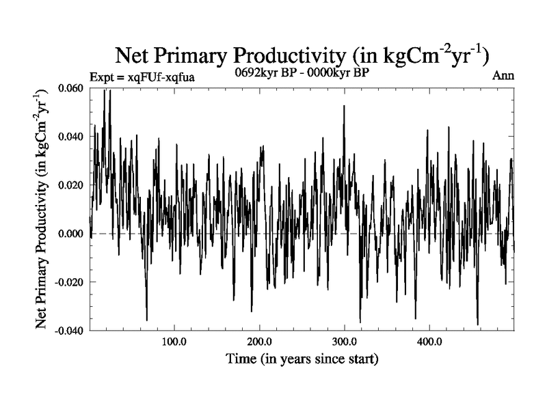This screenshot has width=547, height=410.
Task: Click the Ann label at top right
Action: coord(503,76)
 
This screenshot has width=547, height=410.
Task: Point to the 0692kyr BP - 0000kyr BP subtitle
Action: coord(302,74)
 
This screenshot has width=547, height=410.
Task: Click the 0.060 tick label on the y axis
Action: coord(70,89)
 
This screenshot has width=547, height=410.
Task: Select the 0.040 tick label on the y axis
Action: coord(70,137)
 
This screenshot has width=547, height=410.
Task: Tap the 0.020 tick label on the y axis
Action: coord(70,185)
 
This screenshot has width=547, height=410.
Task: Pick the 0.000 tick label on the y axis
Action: coord(70,234)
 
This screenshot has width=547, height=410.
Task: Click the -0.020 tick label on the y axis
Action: coord(69,282)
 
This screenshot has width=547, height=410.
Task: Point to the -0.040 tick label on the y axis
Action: coord(69,331)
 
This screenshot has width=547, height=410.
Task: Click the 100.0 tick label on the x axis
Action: coord(174,341)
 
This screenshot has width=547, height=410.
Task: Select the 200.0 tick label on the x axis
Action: coord(259,341)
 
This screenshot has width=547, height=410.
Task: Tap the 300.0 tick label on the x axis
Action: coord(344,341)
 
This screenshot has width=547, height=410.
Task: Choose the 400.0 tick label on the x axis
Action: coord(429,341)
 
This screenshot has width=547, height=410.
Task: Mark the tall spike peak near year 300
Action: coord(344,106)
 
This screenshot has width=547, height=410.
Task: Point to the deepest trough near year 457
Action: coord(477,324)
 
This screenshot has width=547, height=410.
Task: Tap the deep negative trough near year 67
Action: coord(146,320)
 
